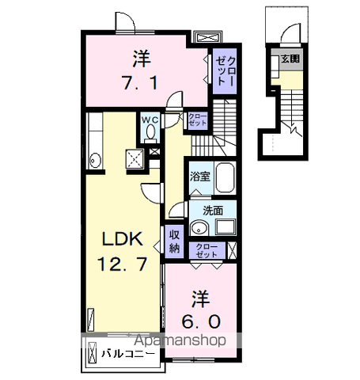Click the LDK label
pos(123,239)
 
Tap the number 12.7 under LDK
pos(122,264)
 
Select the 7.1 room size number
pos(140,82)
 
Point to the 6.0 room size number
pos(201,321)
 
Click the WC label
pos(150,120)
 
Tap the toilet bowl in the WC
pos(151,131)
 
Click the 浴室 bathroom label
pos(200,177)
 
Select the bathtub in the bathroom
pos(225,177)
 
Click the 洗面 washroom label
pos(213,211)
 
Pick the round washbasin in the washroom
pos(199,228)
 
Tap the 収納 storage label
pos(174,241)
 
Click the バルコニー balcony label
pos(128,354)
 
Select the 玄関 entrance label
pos(290,59)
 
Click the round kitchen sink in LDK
pos(94,160)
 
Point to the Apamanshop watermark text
pos(180,340)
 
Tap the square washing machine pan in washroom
pos(225,226)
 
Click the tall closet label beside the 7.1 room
pos(225,71)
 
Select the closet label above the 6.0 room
pos(207,251)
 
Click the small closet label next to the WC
pos(198,120)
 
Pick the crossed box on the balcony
pos(93,353)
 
